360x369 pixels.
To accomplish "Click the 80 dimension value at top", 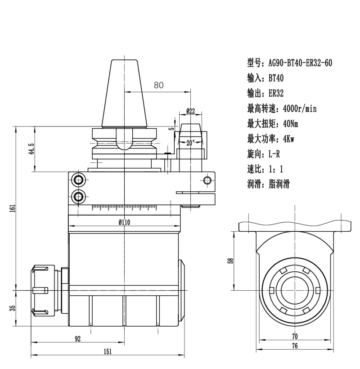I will click(158, 85).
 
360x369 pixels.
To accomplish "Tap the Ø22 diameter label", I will click(190, 111).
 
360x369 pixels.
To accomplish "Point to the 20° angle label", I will click(190, 143).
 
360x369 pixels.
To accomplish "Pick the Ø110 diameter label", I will click(125, 222).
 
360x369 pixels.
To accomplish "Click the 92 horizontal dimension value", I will click(77, 339).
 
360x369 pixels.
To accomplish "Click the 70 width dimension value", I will click(295, 336).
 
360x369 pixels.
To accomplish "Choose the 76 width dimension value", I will click(295, 346).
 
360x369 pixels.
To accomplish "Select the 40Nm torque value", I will click(290, 123).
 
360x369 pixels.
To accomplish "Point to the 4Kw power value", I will click(288, 139).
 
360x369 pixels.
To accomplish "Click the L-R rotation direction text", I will click(274, 154).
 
